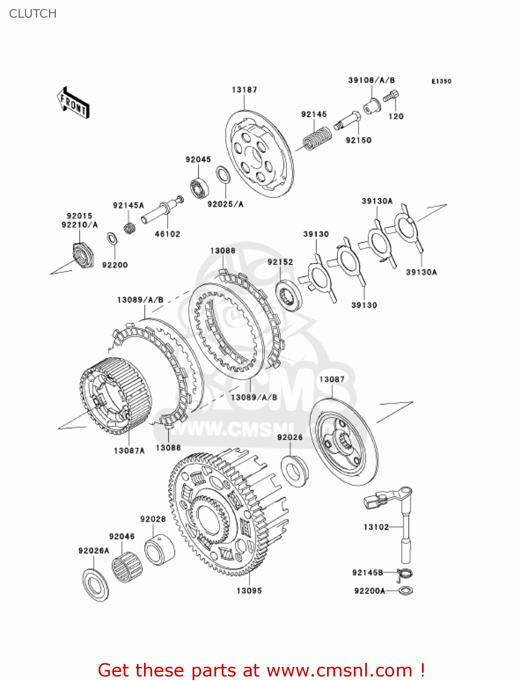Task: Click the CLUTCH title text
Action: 33,14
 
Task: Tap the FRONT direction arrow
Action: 73,103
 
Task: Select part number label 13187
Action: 244,90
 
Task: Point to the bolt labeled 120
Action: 391,96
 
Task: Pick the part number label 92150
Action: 358,140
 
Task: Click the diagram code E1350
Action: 441,81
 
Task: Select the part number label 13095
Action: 249,591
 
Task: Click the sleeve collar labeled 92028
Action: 159,549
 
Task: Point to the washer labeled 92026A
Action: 95,584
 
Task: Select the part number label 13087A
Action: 129,450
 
